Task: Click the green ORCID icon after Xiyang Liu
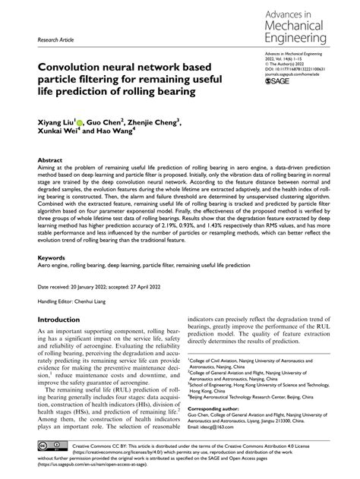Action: (90, 120)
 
